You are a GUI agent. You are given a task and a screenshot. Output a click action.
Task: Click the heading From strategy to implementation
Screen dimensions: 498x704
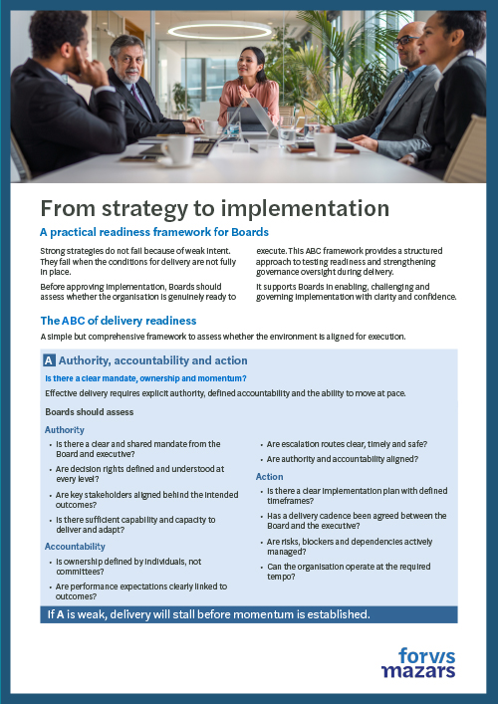(214, 208)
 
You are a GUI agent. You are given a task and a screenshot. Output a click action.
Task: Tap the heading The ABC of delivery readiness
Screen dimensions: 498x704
(119, 321)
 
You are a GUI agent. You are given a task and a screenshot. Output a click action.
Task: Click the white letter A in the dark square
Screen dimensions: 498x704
(50, 360)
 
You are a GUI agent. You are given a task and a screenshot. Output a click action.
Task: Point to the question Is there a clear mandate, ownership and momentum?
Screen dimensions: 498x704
(146, 378)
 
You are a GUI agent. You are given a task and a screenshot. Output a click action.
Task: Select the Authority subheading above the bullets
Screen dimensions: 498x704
(65, 429)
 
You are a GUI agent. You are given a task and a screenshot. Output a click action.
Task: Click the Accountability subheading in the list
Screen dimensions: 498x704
(76, 547)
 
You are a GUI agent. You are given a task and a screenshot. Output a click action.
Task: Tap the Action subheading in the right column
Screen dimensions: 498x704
(269, 477)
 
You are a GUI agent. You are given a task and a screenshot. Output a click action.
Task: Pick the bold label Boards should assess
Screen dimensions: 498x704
(90, 411)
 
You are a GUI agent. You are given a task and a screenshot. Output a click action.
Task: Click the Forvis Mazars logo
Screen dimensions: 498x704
(417, 661)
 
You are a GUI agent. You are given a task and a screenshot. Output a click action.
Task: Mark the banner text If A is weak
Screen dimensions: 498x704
(208, 614)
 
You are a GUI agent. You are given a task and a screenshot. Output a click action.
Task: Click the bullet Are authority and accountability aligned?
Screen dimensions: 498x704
(342, 459)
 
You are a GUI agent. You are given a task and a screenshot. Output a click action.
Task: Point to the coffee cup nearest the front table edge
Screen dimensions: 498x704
(178, 149)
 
